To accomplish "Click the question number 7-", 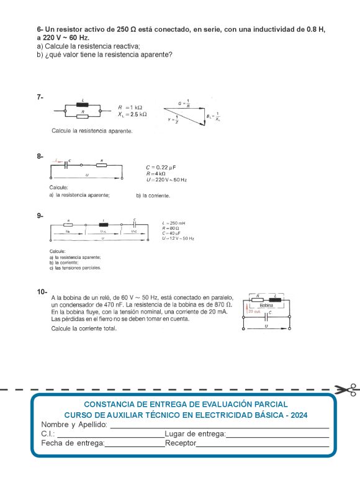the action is [x=40, y=97].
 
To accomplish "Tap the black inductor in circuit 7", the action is [x=83, y=104].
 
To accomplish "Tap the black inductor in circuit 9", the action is [x=103, y=224].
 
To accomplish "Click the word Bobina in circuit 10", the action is [x=266, y=305].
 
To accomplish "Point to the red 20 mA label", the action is [x=254, y=311].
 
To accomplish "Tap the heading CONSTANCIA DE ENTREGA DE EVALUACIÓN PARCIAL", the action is [x=186, y=404].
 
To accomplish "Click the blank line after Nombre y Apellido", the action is [x=219, y=425].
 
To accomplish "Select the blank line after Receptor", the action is [x=263, y=444].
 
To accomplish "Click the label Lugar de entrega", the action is [x=195, y=434].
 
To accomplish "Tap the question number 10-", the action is [x=43, y=291].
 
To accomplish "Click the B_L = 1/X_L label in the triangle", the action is [x=213, y=116].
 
